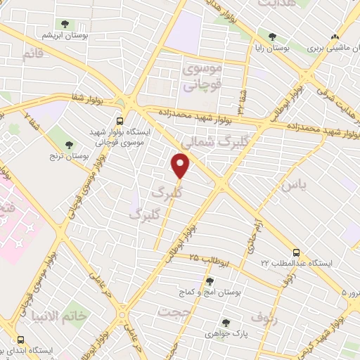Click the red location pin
click(x=181, y=166)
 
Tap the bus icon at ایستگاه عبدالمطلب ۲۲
click(x=295, y=252)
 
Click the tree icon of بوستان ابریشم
click(x=67, y=25)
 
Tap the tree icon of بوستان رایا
click(x=271, y=37)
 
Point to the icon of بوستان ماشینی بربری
click(x=335, y=38)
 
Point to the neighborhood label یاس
click(x=294, y=186)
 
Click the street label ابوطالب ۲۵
click(x=203, y=259)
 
